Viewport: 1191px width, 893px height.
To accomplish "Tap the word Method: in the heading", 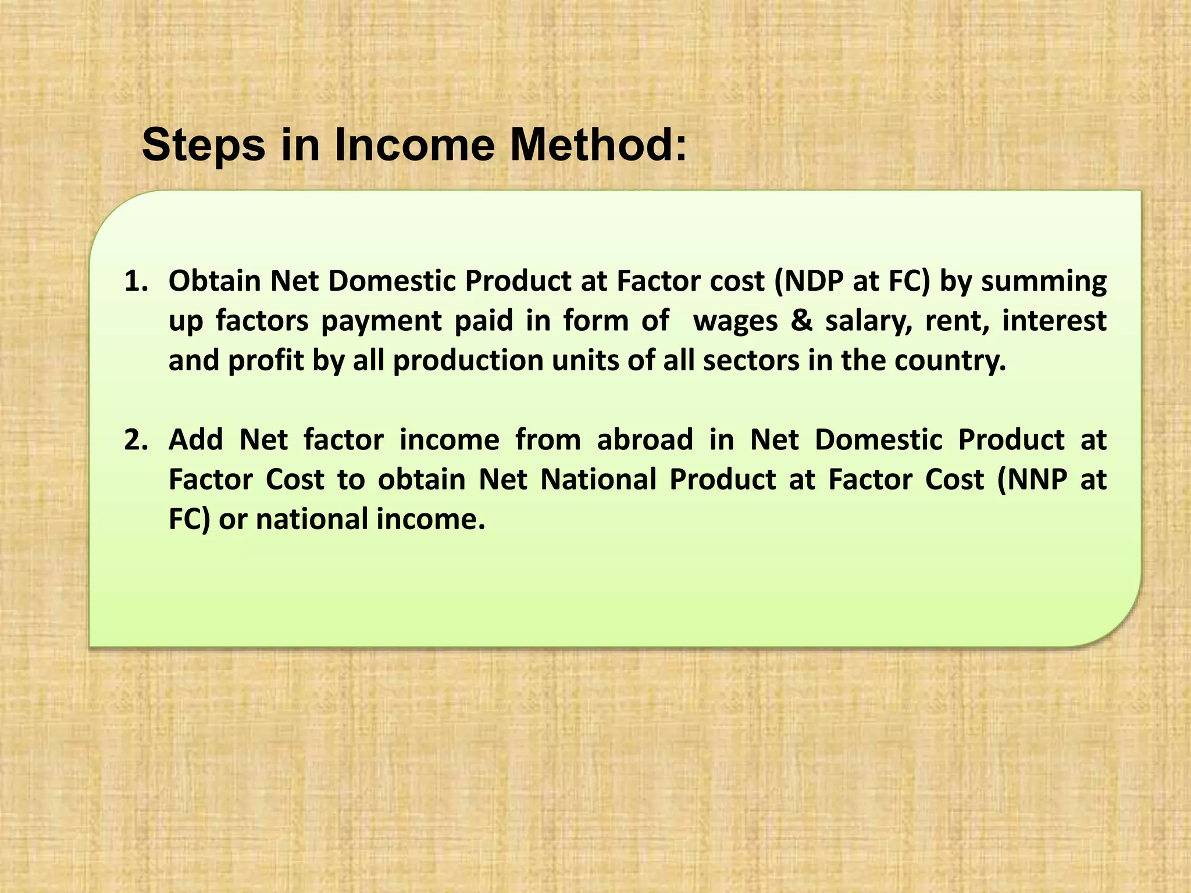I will click(598, 145).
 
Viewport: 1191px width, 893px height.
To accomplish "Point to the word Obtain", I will click(215, 281).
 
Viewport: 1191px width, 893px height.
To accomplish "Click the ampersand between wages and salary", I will click(801, 321).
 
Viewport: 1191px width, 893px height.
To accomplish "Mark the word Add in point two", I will click(196, 440).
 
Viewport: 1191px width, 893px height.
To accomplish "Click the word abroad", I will click(645, 440).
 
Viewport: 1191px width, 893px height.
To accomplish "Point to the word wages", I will click(736, 321).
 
